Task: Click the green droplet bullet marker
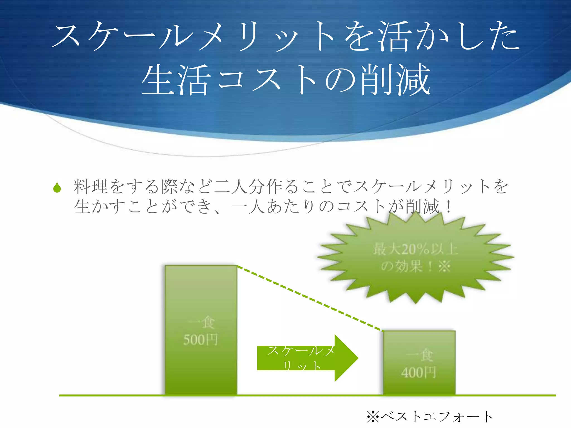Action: (x=57, y=188)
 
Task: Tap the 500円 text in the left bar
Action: (x=200, y=340)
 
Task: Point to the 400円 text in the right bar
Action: (x=418, y=372)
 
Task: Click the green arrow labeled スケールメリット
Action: (x=307, y=358)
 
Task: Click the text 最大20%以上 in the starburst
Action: (x=415, y=249)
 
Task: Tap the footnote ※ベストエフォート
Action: (x=430, y=417)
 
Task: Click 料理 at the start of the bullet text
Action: (x=91, y=186)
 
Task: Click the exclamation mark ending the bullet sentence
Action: (x=448, y=207)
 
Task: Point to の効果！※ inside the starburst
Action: (x=415, y=266)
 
